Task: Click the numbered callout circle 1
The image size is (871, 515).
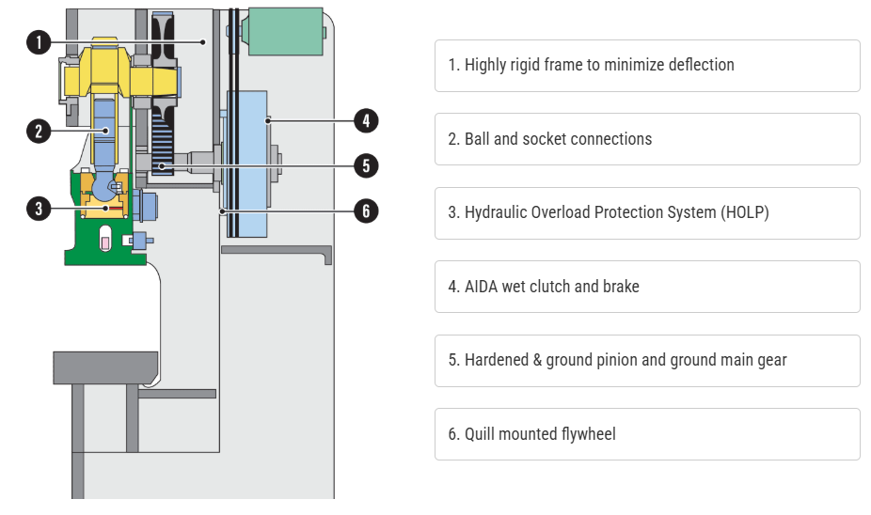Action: coord(38,41)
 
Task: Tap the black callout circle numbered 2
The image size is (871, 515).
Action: coord(38,131)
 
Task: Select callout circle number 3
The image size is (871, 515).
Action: coord(38,208)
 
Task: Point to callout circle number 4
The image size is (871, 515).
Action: coord(366,120)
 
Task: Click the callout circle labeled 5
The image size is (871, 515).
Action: coord(366,166)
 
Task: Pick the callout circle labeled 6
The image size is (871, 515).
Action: coord(366,211)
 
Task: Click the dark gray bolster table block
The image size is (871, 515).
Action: coord(104,367)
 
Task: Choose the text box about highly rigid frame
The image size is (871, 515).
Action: coord(647,66)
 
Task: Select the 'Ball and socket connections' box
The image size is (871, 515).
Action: coord(647,139)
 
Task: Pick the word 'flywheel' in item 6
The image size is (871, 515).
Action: coord(586,434)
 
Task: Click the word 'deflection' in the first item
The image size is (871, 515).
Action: coord(698,65)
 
